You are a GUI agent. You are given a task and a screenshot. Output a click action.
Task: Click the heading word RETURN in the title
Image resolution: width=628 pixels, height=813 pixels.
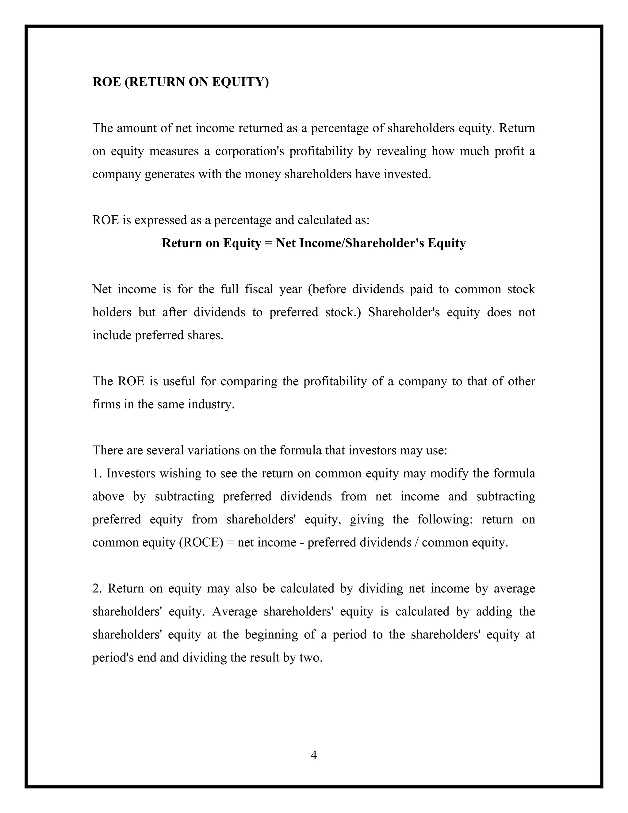[x=156, y=82]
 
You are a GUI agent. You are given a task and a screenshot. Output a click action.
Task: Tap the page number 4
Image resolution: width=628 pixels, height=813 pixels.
[x=314, y=755]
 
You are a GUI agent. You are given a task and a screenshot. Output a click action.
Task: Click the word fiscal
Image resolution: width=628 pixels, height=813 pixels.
[x=259, y=289]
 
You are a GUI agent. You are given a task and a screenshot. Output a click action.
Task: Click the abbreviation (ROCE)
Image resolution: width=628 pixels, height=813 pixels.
[x=201, y=542]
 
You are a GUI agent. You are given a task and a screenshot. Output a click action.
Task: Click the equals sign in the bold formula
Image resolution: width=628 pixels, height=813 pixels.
[x=269, y=243]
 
